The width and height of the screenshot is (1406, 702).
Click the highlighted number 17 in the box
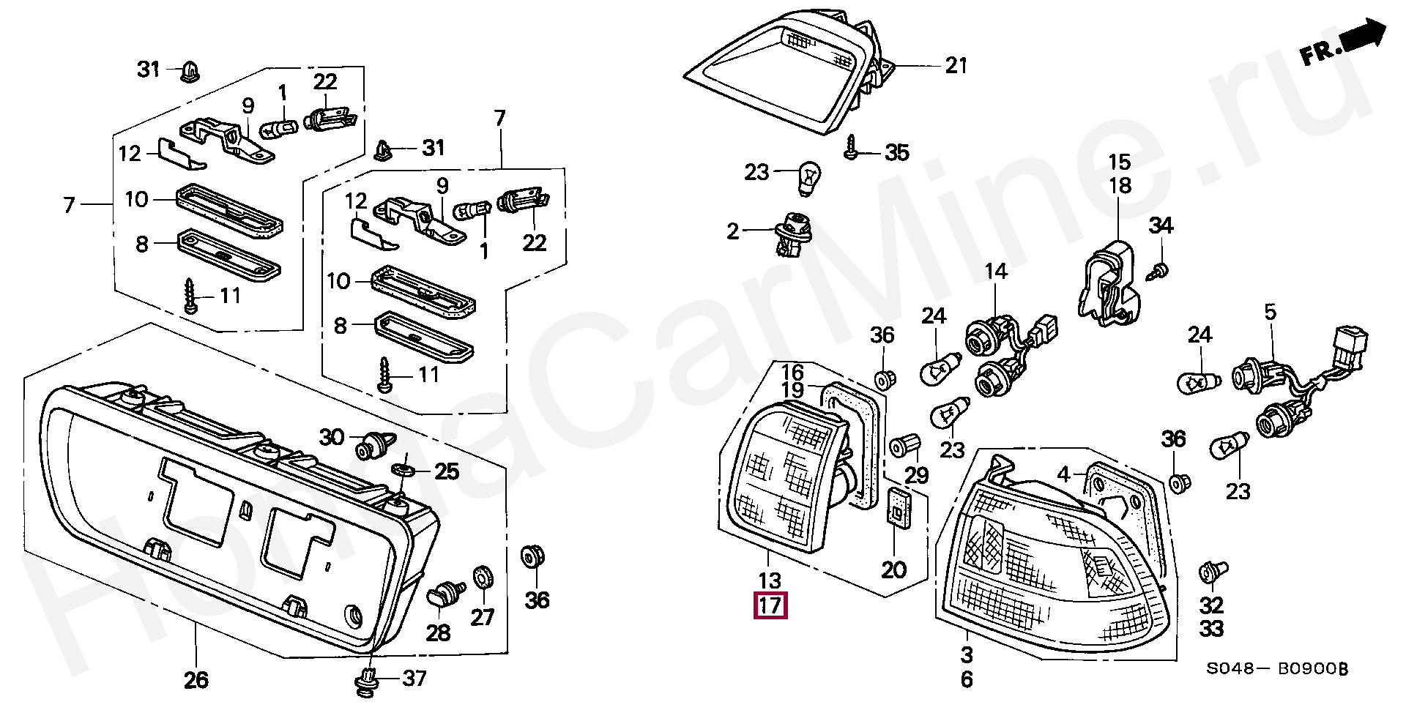tap(770, 605)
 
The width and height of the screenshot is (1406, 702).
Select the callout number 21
tap(956, 66)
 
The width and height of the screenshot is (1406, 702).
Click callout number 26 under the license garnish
tap(196, 679)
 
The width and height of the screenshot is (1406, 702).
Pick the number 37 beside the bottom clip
tap(414, 679)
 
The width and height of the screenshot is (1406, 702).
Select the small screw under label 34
tap(1158, 270)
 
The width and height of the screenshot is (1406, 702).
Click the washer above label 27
tap(483, 577)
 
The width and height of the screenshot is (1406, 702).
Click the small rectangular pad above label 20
tap(897, 506)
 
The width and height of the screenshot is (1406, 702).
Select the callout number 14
tap(996, 272)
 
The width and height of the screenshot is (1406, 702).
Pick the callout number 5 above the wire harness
tap(1270, 313)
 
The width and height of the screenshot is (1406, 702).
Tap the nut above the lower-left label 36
tap(532, 559)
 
